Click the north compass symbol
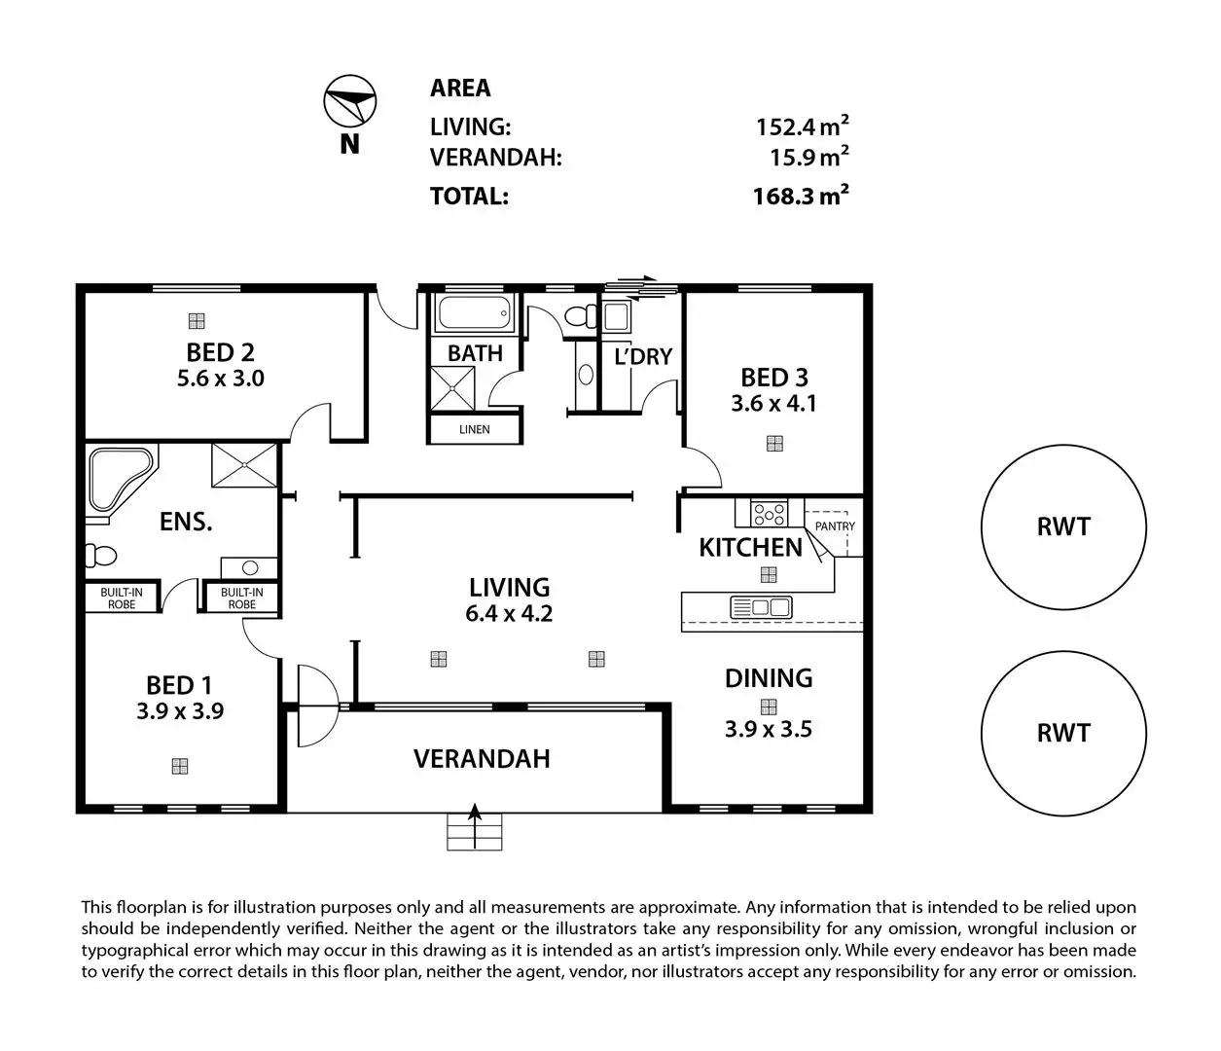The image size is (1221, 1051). pos(349,101)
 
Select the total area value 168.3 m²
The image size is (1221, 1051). pos(801,196)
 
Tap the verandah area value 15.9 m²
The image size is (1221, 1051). pos(809,156)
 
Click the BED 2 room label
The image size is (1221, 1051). pos(220,352)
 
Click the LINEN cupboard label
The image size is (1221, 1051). pos(475,429)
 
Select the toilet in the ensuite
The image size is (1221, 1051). pos(99,556)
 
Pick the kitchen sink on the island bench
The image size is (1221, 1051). pos(762,607)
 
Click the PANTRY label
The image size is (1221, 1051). pos(835,526)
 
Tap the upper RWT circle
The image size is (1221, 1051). pos(1063,527)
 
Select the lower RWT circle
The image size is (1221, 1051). pos(1063,733)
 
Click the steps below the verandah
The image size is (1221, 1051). pos(475,832)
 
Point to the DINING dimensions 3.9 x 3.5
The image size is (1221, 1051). pos(769,729)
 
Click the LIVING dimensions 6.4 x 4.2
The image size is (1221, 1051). pos(510,614)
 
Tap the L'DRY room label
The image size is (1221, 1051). pos(643,357)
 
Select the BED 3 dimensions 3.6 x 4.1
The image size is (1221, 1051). pos(774,403)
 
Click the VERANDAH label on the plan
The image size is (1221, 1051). pos(482,759)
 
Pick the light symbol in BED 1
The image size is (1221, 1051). pos(179,766)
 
